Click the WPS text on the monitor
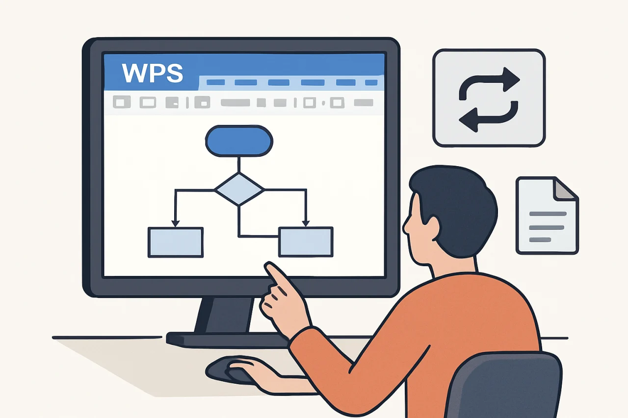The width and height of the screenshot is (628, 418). [153, 73]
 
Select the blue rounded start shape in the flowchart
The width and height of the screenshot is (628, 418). [239, 141]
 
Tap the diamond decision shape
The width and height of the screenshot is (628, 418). [239, 190]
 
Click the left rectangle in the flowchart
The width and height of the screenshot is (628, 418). [176, 242]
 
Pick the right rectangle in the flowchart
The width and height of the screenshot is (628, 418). [306, 242]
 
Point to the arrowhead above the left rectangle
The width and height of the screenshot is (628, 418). [176, 223]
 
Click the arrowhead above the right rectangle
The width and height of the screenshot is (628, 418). [306, 223]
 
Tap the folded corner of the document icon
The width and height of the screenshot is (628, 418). [564, 190]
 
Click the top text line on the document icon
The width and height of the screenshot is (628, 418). [548, 214]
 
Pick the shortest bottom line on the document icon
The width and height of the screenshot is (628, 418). [540, 240]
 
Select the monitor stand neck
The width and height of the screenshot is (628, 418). [224, 315]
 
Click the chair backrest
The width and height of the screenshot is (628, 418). [505, 386]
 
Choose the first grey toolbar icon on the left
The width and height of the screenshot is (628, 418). [122, 102]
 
